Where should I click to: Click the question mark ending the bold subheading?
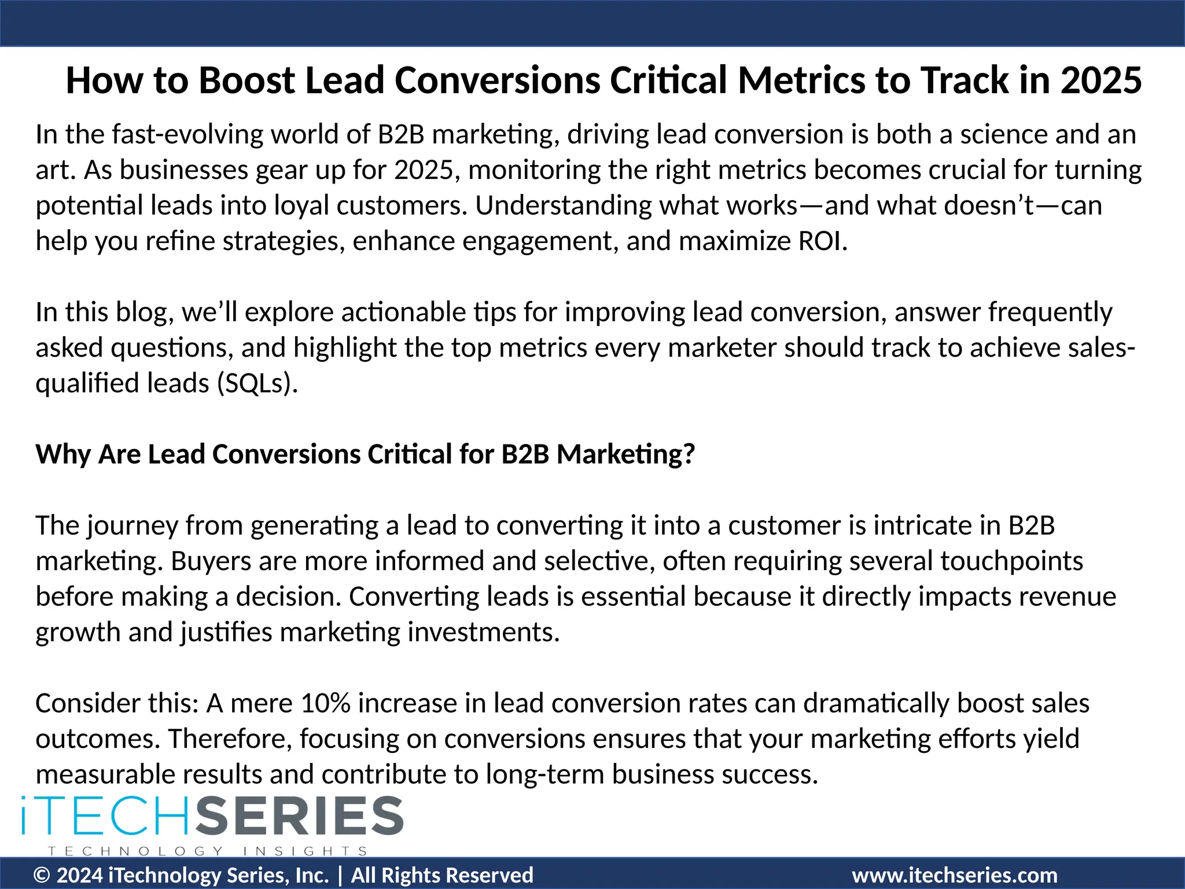coord(689,454)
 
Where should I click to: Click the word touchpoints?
coord(1011,561)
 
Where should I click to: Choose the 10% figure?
coord(326,703)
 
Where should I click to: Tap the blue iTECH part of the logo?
coord(104,815)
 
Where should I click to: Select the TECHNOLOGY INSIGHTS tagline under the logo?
coord(208,851)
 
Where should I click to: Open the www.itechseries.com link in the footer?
coord(954,875)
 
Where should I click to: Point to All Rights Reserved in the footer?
coord(442,875)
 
